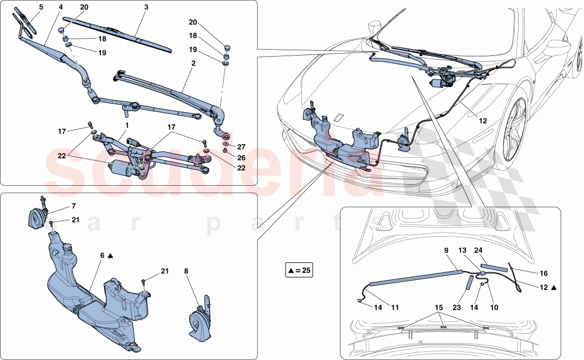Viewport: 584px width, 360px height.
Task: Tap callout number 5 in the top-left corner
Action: pos(41,7)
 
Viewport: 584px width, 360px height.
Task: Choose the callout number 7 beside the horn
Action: pos(74,206)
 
